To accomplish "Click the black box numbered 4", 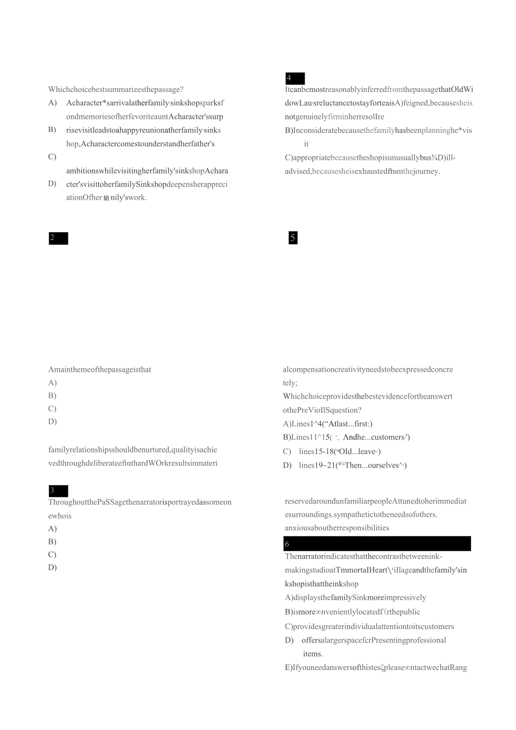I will coord(294,78).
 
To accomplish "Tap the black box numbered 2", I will coord(58,238).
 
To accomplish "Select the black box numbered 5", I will coord(293,238).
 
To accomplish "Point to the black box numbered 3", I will coord(58,491).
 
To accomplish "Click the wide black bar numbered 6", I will coord(377,544).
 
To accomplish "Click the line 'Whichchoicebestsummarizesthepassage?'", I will coord(116,89).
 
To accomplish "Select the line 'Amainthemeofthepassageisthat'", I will coord(100,369).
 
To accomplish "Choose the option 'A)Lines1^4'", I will coord(328,424).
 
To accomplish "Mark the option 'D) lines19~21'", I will coord(345,465).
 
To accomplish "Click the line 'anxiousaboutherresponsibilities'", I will coord(337,528).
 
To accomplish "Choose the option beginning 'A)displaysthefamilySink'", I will coord(356,598).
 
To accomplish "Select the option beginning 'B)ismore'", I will coord(352,612).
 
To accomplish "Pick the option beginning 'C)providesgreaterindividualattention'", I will coord(369,626).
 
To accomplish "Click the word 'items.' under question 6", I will coord(313,654).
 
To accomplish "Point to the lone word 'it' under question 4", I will coord(306,144).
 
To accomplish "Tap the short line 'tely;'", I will coord(290,383).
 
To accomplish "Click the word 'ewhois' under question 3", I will coord(60,516).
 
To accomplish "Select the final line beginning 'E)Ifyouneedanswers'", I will coord(376,668).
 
